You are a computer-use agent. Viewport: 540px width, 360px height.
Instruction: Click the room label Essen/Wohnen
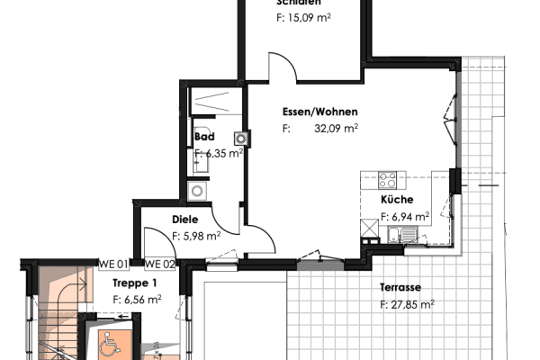click(319, 112)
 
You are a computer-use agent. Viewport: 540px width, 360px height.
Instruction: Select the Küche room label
click(397, 200)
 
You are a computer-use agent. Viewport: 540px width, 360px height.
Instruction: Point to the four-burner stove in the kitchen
click(389, 179)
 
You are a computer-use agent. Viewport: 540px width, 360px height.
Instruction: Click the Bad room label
click(203, 137)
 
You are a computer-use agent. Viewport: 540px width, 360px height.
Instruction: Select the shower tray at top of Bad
click(213, 101)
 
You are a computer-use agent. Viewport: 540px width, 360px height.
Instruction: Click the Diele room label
click(184, 220)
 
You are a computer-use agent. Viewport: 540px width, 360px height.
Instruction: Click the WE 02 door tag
click(158, 264)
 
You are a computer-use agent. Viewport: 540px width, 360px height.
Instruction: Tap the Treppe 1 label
click(130, 283)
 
